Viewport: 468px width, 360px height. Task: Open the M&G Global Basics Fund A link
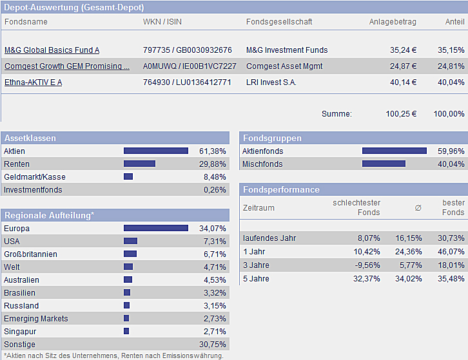(52, 50)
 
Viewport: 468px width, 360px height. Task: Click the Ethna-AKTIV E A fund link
(33, 82)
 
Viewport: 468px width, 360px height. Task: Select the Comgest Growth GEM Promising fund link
(67, 66)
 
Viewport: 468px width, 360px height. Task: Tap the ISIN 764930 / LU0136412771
(187, 82)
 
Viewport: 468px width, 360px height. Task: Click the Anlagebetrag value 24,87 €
(403, 66)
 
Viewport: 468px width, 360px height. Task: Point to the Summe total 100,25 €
(401, 114)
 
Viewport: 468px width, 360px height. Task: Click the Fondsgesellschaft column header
(279, 22)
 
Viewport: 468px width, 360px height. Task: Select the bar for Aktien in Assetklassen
(156, 151)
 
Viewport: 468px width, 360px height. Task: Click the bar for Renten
(139, 164)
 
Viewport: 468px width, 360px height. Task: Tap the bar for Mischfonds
(384, 164)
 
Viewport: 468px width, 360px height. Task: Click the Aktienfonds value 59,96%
(451, 151)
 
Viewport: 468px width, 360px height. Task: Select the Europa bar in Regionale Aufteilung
(156, 228)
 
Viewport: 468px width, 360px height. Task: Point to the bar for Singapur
(126, 331)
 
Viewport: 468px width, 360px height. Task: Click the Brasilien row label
(19, 293)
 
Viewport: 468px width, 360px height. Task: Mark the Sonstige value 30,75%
(213, 345)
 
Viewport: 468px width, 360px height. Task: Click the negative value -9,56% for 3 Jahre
(367, 265)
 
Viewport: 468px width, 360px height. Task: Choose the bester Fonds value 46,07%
(451, 252)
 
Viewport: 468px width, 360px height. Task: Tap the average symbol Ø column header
(418, 208)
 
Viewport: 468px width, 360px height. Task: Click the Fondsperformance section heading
(281, 190)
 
